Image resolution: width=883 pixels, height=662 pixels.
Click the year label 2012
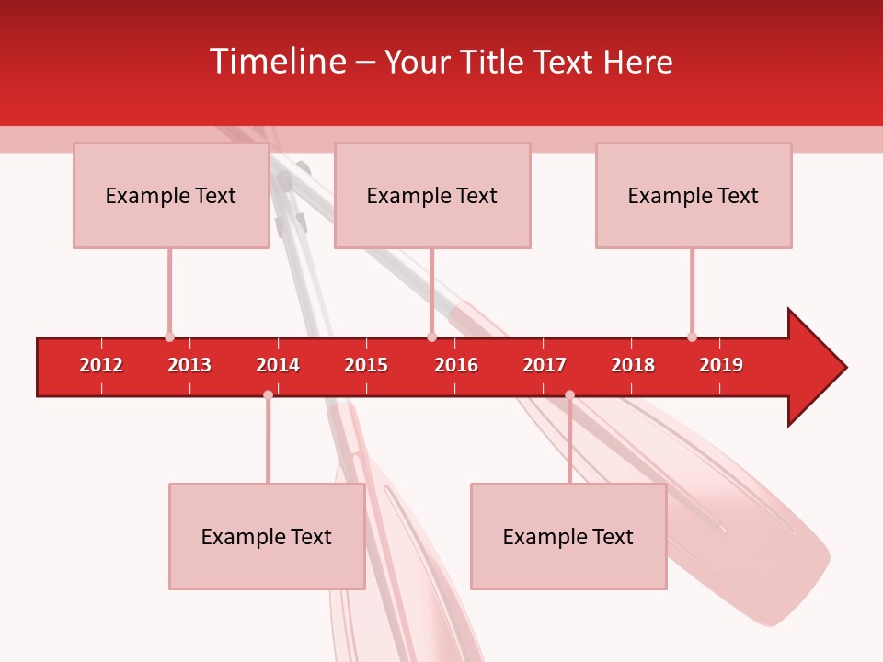(101, 365)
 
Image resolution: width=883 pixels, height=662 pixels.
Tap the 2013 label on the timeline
(189, 365)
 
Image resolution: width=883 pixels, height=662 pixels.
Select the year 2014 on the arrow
(278, 365)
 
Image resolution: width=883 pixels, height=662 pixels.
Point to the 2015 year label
(366, 365)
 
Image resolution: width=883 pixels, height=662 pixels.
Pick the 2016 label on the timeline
(456, 365)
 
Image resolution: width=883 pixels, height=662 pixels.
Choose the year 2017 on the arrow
(545, 365)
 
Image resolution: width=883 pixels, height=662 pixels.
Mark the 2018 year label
(633, 365)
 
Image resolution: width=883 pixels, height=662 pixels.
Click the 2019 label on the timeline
(721, 365)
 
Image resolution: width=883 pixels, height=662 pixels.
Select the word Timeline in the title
(274, 62)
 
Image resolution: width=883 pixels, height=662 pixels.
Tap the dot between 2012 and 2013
(169, 337)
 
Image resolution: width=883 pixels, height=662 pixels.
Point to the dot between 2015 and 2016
(431, 337)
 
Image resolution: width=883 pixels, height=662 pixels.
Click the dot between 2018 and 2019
(692, 337)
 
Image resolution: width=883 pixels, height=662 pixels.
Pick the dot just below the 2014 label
(268, 394)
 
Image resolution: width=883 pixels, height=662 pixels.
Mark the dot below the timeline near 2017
(569, 394)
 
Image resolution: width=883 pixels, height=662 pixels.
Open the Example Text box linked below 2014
(267, 536)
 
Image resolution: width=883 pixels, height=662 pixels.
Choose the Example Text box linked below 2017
(568, 536)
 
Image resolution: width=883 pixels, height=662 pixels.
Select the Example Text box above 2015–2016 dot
(432, 195)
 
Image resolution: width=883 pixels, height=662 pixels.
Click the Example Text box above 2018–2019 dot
(694, 195)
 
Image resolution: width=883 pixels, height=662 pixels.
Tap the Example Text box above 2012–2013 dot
(171, 195)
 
